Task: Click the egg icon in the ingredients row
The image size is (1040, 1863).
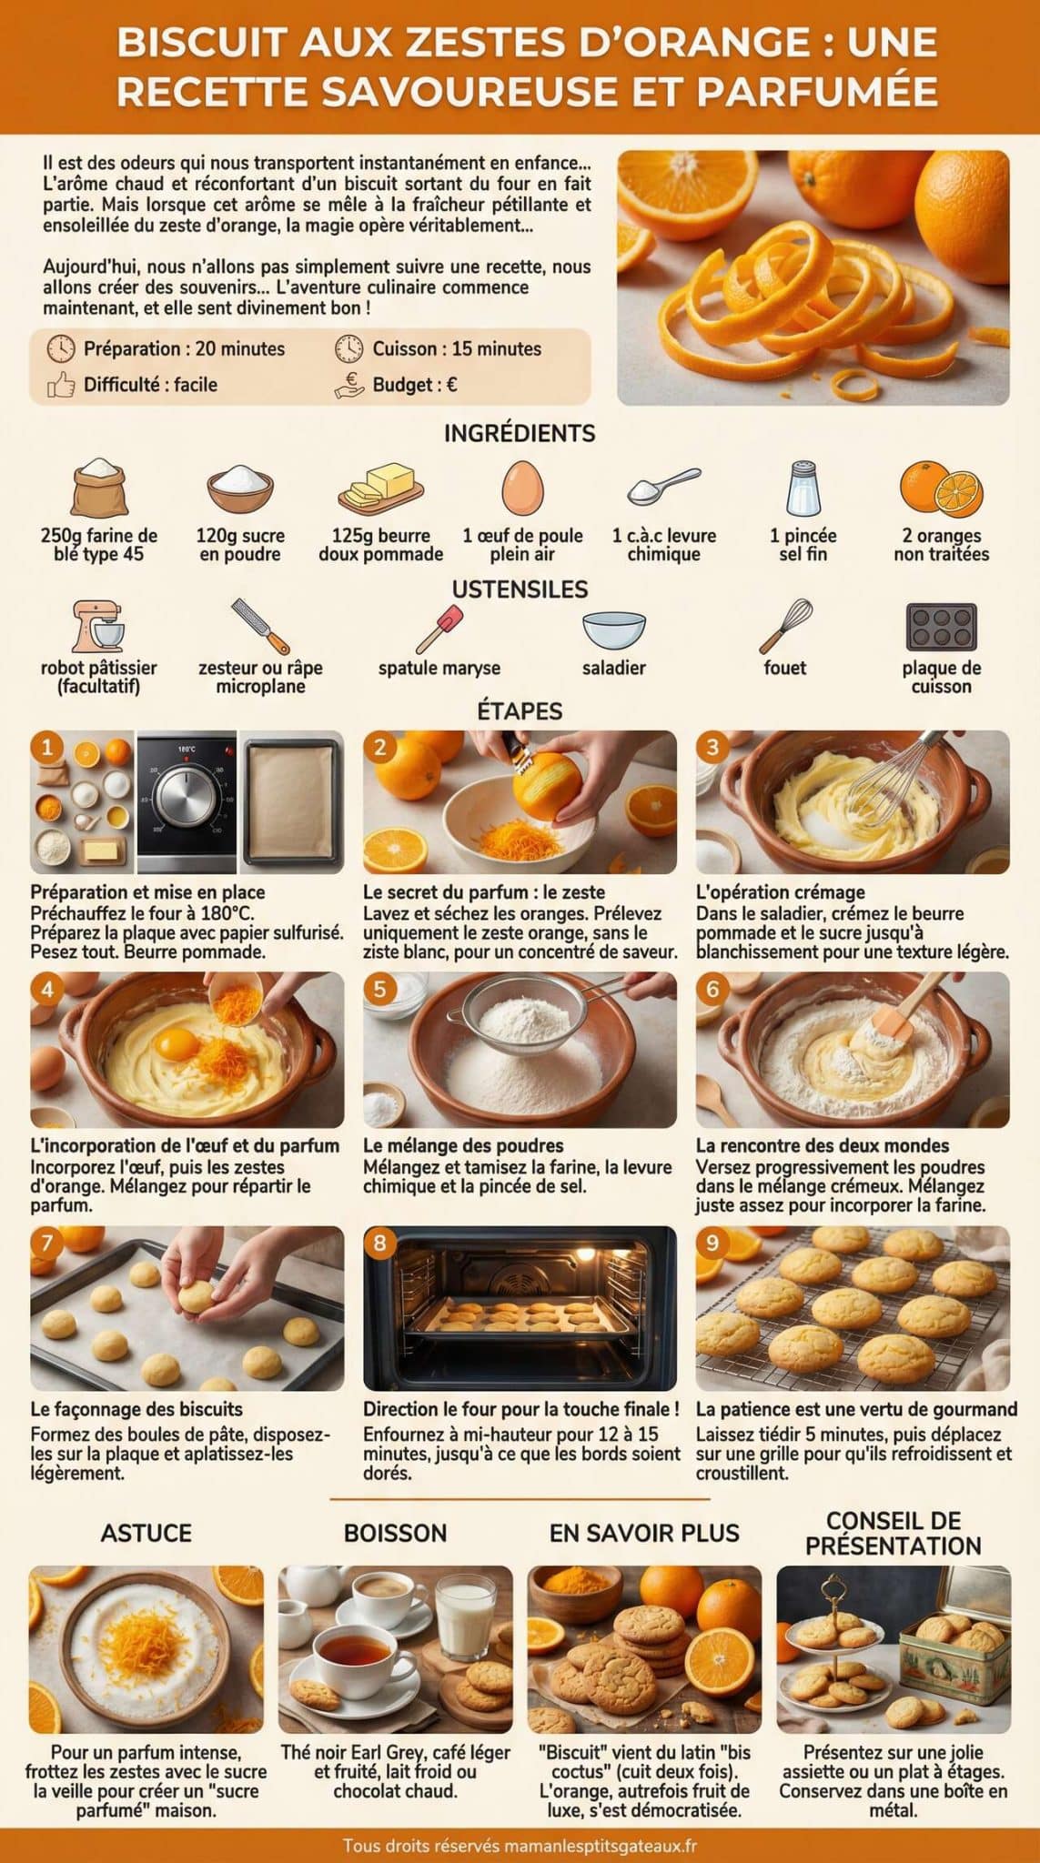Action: [522, 488]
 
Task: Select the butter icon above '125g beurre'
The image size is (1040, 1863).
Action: [380, 486]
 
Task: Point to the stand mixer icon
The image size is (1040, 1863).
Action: [98, 626]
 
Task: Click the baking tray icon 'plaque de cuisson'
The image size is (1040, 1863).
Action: [941, 626]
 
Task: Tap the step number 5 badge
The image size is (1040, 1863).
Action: [380, 990]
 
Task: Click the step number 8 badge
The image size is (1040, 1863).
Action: [380, 1243]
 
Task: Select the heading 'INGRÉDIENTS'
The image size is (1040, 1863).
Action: [520, 434]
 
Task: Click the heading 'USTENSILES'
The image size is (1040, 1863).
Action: [520, 589]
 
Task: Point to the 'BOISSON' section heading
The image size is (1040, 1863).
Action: [395, 1533]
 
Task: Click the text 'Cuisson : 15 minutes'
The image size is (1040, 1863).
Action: [456, 348]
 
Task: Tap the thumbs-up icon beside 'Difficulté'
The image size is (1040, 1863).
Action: [61, 385]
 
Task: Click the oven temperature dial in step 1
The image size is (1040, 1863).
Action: [187, 798]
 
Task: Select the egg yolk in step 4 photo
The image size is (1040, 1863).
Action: [173, 1042]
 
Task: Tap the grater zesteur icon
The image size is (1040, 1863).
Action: [260, 626]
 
